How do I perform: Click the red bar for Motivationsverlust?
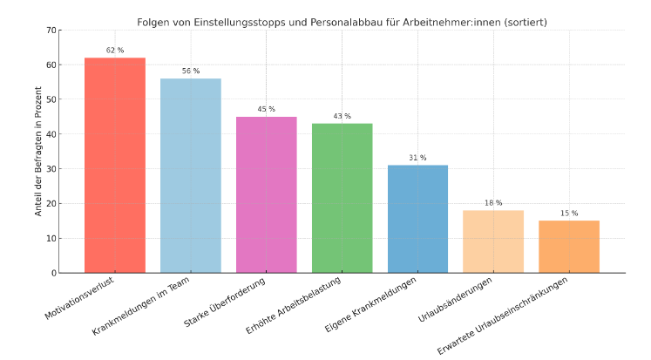click(x=115, y=166)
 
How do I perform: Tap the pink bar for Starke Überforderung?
click(x=266, y=195)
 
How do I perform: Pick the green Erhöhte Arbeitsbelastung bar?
click(x=342, y=199)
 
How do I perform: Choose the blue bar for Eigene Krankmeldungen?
click(x=417, y=220)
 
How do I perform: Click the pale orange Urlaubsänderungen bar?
click(x=493, y=241)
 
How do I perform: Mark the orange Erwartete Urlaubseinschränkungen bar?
click(x=569, y=247)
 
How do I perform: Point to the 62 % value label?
click(x=115, y=51)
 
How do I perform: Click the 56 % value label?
click(x=190, y=71)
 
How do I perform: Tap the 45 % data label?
click(x=266, y=110)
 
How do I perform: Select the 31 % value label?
click(x=417, y=158)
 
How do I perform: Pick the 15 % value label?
click(x=569, y=214)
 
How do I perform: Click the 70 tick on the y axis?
click(x=51, y=31)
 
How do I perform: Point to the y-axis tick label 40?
click(x=51, y=134)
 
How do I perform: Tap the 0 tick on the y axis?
click(x=54, y=273)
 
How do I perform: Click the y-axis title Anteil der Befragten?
click(x=38, y=152)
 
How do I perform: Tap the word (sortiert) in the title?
click(x=522, y=22)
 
